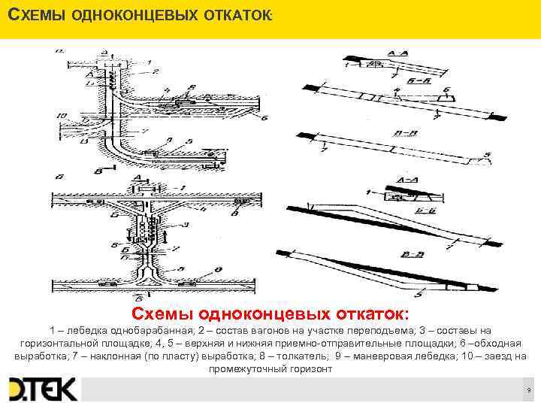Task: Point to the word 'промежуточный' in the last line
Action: coord(246,369)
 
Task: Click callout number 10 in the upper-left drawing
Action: coord(60,115)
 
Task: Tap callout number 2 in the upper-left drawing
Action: coord(156,71)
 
